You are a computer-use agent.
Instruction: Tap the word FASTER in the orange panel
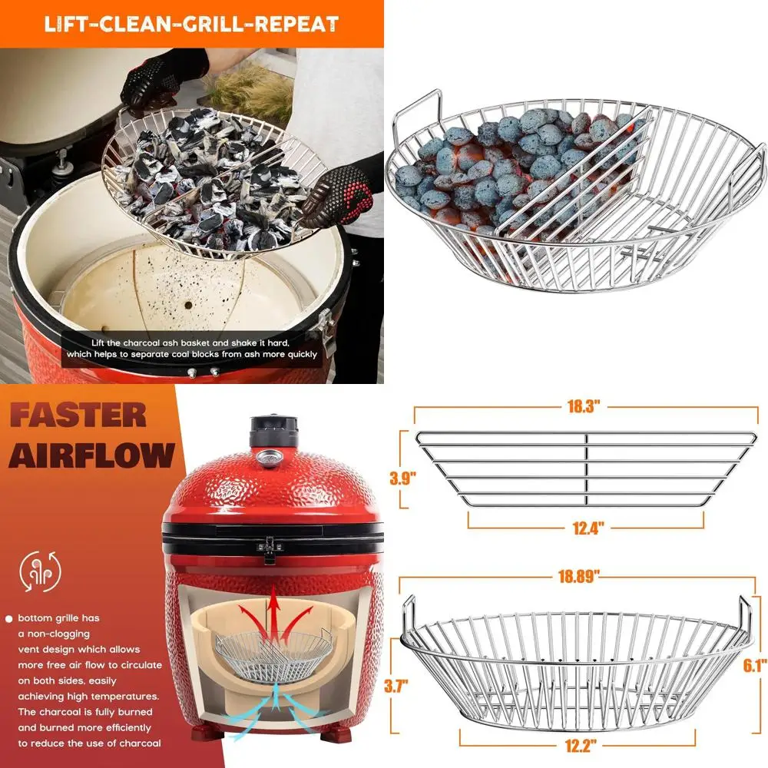pyautogui.click(x=78, y=415)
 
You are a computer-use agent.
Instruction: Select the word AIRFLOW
pyautogui.click(x=92, y=455)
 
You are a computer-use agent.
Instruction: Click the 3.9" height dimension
pyautogui.click(x=403, y=478)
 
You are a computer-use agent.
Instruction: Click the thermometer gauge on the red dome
pyautogui.click(x=269, y=458)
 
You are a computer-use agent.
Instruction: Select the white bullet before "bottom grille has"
pyautogui.click(x=8, y=618)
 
